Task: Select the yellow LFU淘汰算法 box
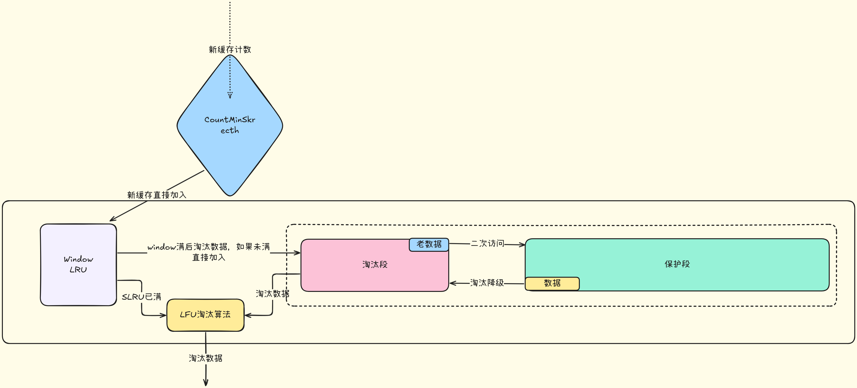[205, 314]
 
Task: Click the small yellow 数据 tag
[552, 283]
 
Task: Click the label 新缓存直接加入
[157, 195]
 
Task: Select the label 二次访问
[487, 243]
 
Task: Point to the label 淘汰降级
[487, 283]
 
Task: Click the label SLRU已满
[141, 297]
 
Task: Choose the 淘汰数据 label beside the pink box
[272, 294]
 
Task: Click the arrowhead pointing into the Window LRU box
[112, 220]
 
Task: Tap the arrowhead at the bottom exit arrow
[206, 383]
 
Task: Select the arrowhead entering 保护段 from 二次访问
[522, 245]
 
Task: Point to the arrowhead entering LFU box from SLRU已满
[164, 315]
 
